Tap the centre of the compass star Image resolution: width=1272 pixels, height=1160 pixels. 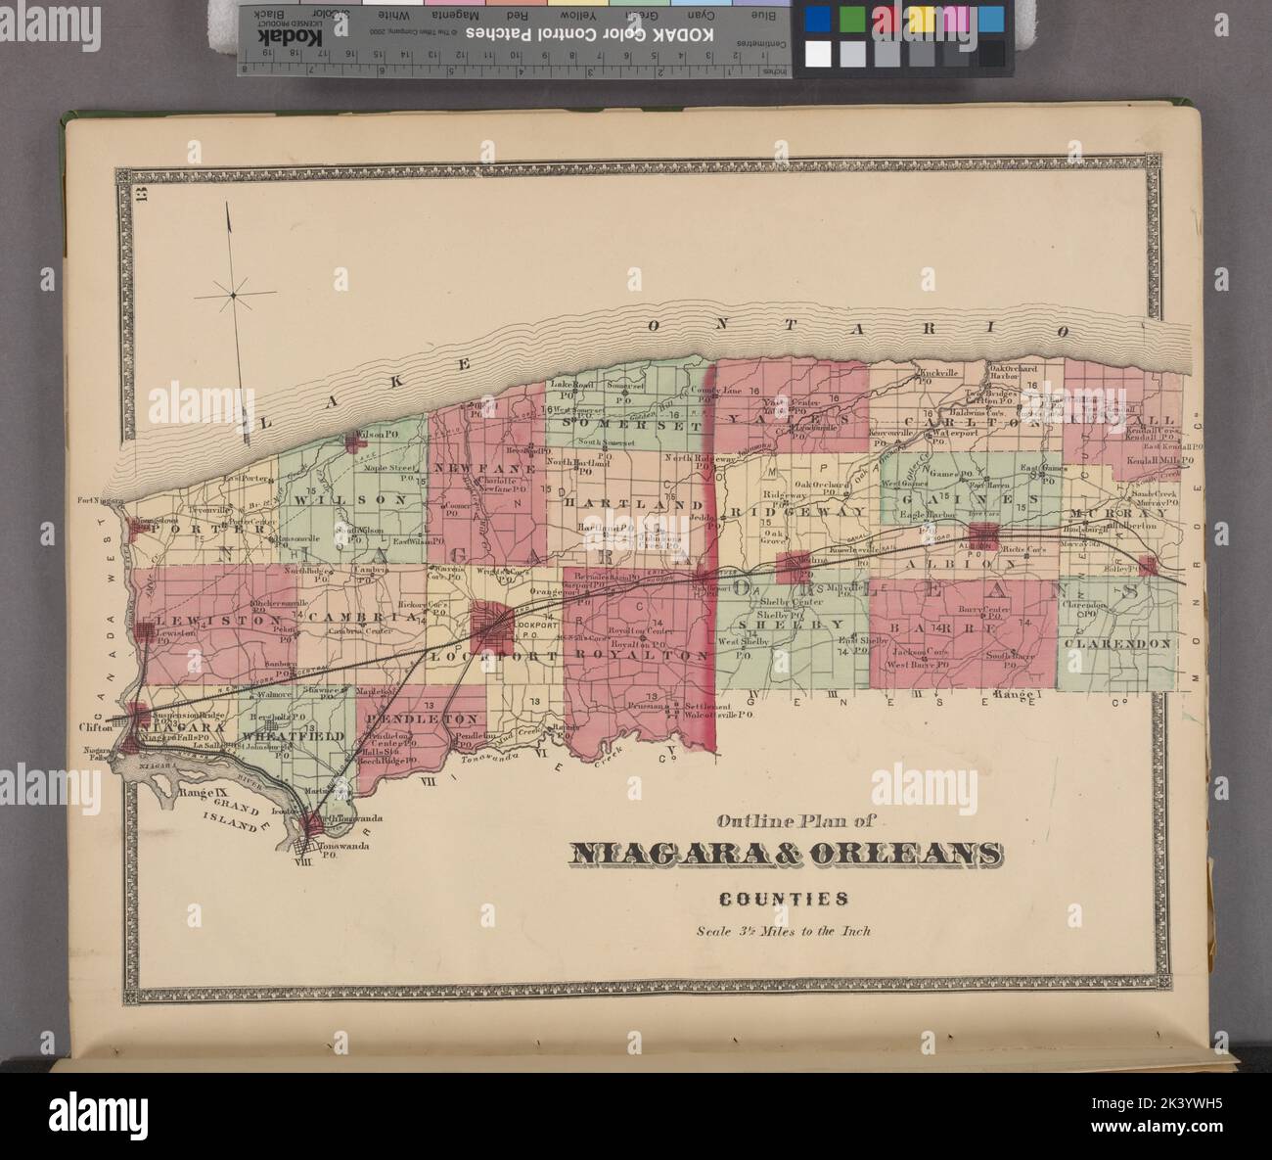pyautogui.click(x=233, y=292)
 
